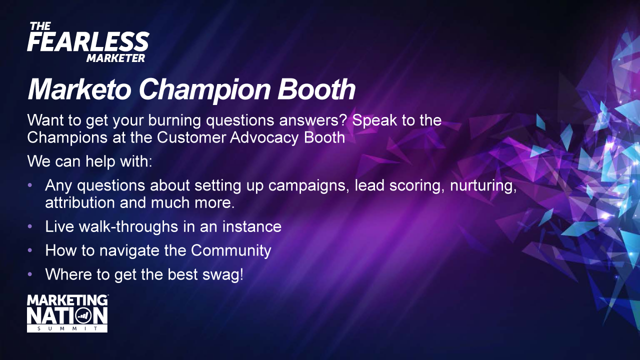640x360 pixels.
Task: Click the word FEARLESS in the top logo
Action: [88, 41]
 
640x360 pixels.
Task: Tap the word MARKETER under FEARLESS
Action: [115, 58]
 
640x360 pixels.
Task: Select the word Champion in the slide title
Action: [204, 90]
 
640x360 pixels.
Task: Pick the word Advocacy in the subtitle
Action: [264, 137]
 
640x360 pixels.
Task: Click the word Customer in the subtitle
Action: [191, 137]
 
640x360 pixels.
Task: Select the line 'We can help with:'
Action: [89, 161]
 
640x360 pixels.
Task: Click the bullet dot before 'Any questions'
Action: [30, 185]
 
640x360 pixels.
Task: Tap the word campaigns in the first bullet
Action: [308, 186]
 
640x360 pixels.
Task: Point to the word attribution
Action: [80, 203]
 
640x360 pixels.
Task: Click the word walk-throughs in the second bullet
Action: [128, 227]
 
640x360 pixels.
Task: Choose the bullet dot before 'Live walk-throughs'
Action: [30, 226]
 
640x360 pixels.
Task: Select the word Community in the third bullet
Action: [231, 251]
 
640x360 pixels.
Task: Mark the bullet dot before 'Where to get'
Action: [30, 274]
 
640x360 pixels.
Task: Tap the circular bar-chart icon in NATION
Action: [83, 315]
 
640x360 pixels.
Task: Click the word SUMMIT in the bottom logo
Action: [67, 328]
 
